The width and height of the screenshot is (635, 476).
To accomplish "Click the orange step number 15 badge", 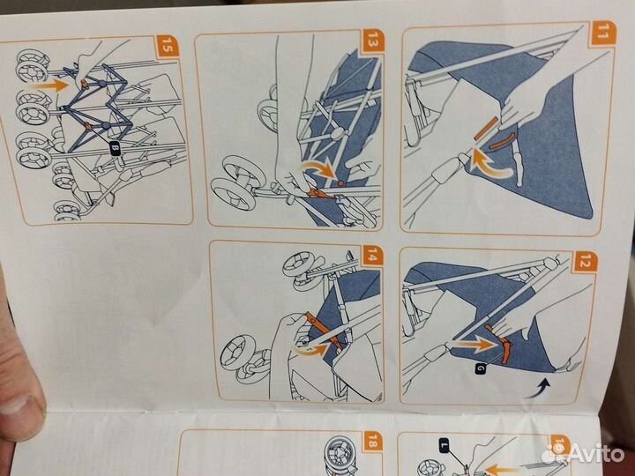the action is [168, 48].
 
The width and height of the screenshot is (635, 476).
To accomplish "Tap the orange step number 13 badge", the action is [373, 41].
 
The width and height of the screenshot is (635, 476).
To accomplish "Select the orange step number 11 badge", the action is [603, 33].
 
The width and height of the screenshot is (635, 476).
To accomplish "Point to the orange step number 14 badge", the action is [372, 255].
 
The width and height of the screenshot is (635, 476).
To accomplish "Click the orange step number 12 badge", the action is [586, 263].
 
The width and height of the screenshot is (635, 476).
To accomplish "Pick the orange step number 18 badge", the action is [373, 442].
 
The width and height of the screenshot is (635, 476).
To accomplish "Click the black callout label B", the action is [115, 150].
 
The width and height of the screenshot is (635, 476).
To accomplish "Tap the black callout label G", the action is [481, 368].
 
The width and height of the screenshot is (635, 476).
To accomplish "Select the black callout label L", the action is [444, 445].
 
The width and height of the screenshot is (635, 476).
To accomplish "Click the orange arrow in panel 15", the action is [52, 86].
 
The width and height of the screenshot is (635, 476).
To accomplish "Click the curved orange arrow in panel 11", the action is [489, 164].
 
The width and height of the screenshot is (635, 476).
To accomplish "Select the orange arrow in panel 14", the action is [311, 350].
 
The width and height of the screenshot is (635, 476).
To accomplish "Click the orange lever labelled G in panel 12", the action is [501, 344].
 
